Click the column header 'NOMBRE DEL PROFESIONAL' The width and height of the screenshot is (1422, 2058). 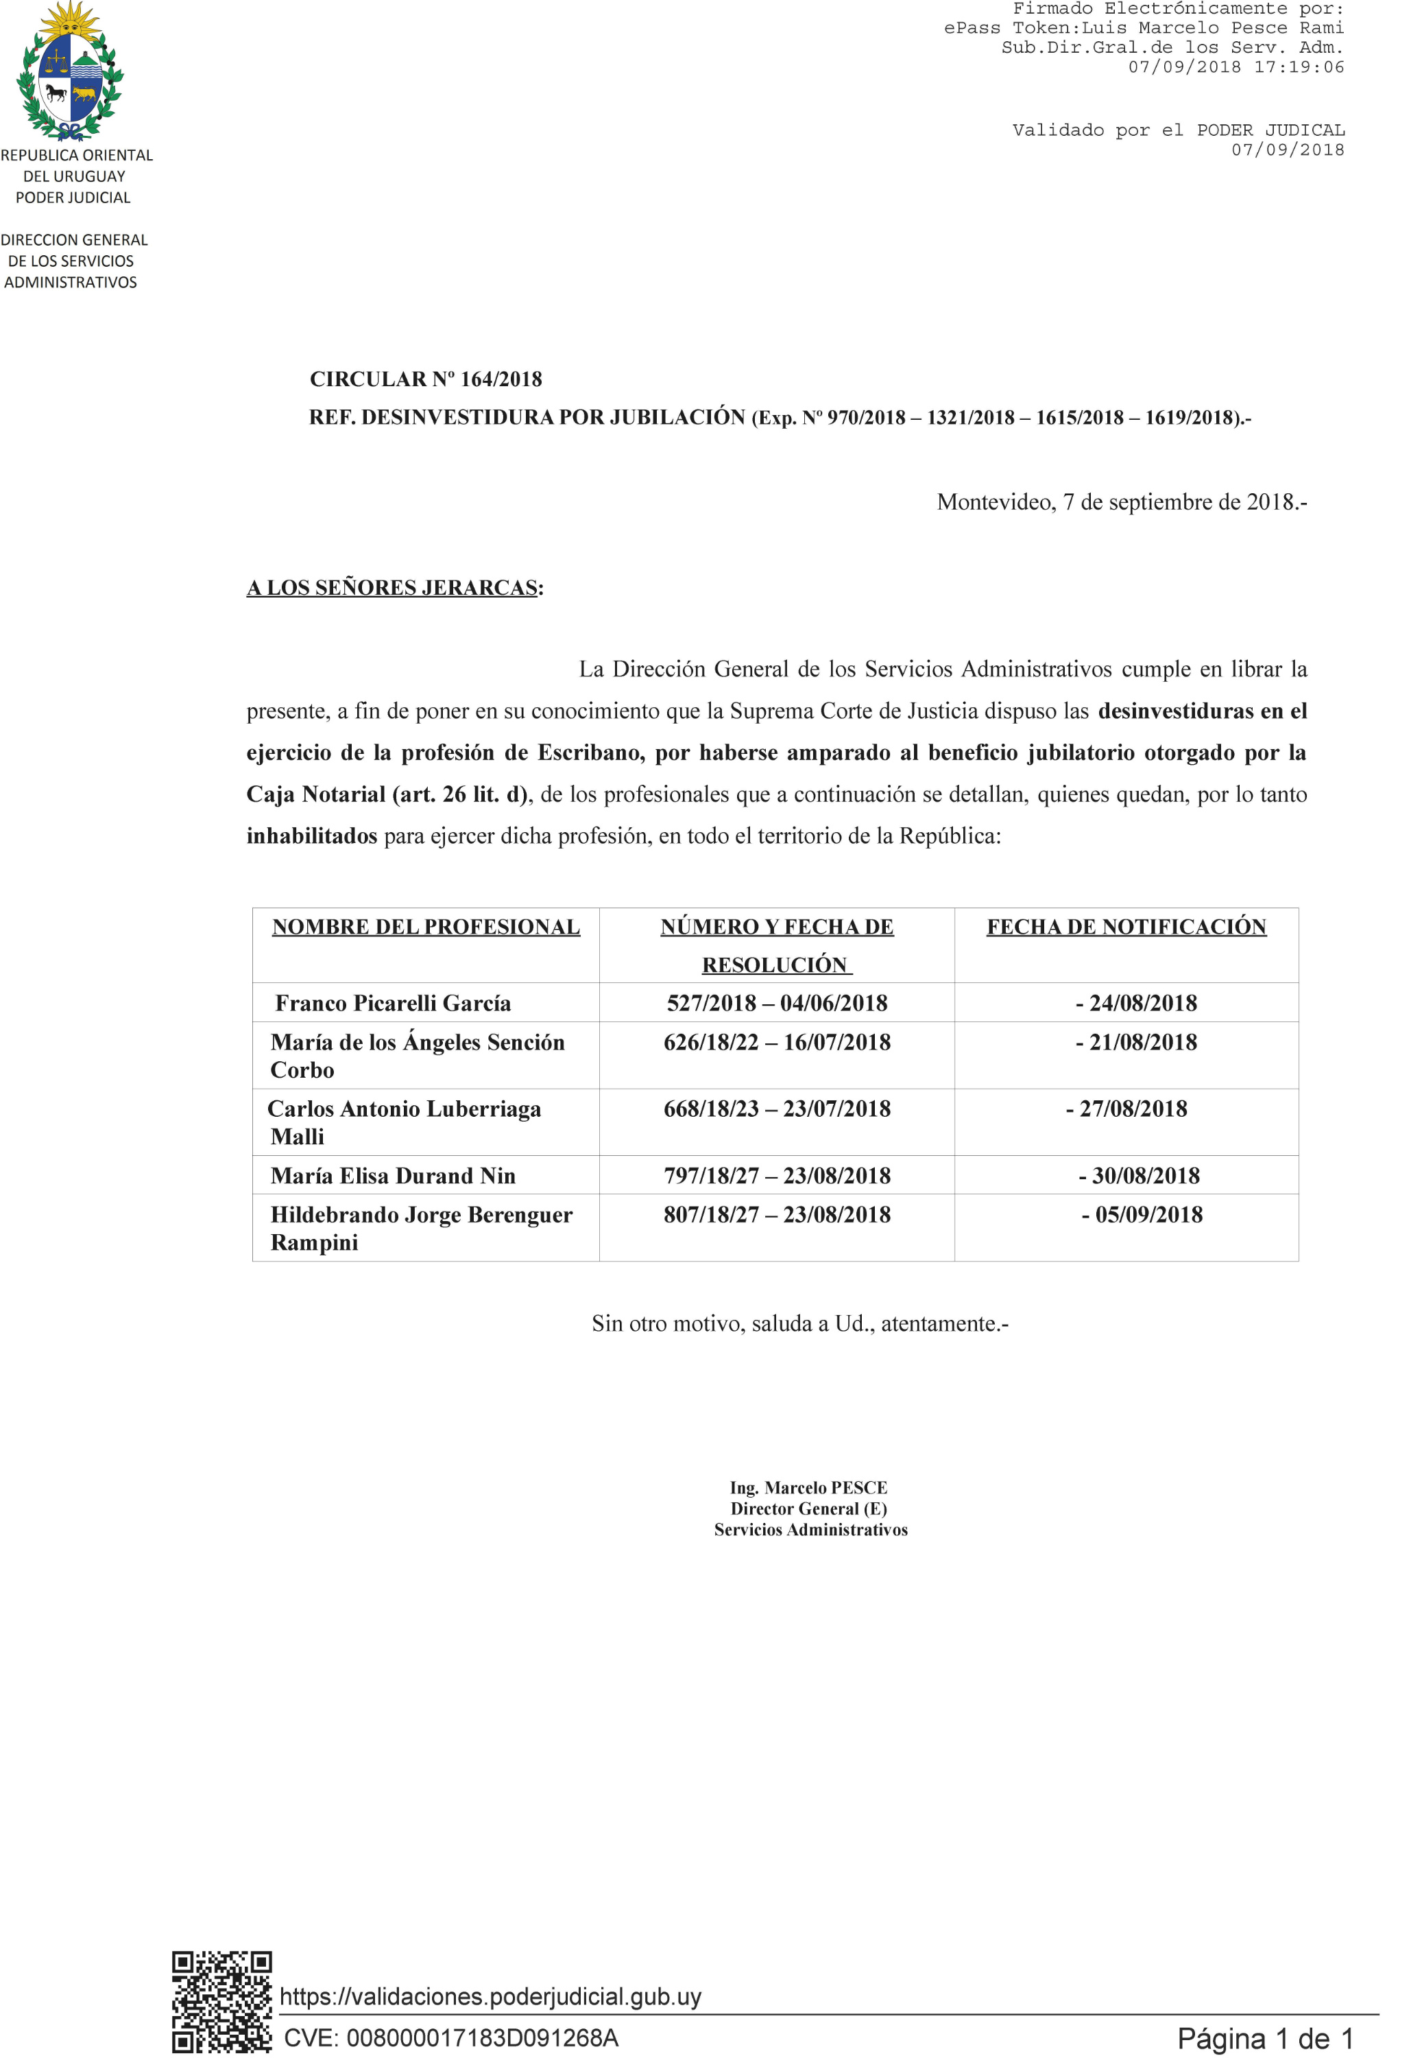coord(426,927)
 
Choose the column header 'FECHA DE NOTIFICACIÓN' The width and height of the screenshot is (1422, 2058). coord(1126,927)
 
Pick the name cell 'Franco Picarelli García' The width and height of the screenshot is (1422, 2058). coord(393,1003)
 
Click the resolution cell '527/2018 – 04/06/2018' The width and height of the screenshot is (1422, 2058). coord(777,1003)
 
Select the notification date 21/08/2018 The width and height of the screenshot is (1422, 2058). coord(1137,1042)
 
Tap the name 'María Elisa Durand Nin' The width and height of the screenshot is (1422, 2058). coord(393,1176)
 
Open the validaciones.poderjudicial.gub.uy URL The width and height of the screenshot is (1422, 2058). coord(490,1996)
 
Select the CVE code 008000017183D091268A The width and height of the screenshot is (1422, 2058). coord(451,2037)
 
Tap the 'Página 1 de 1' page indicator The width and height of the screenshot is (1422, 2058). coord(1265,2037)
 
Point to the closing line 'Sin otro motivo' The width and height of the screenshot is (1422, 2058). coord(799,1323)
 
